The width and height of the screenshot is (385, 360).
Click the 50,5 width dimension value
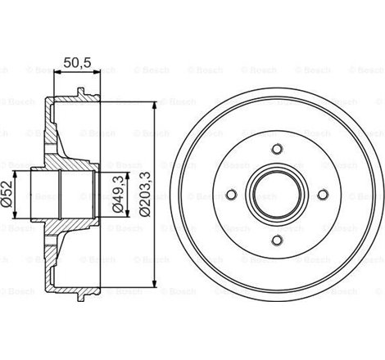point(76,60)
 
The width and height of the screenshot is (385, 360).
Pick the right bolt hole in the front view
point(322,194)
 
